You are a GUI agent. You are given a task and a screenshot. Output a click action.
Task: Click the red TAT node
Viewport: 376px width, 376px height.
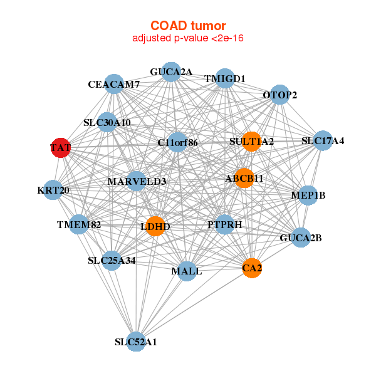[60, 148]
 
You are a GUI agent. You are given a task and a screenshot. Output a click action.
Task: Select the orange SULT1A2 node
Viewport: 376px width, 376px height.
[252, 142]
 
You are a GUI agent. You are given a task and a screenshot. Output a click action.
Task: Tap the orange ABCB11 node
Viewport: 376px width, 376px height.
[244, 178]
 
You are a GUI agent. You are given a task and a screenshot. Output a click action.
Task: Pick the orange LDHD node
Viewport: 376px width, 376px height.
[155, 226]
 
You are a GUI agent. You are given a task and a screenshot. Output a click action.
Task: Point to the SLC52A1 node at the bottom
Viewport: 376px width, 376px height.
[136, 342]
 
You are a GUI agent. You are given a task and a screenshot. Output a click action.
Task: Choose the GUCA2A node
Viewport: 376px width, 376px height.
[171, 72]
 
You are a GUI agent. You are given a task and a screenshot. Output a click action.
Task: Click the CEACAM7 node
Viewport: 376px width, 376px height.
[114, 84]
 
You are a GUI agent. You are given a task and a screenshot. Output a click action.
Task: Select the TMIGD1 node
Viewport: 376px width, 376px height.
[225, 78]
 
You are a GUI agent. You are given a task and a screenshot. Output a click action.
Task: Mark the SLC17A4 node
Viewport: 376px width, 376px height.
[323, 140]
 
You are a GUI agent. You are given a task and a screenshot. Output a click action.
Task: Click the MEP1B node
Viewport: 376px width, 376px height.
[308, 196]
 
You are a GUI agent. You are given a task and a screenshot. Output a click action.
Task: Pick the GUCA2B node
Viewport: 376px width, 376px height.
[301, 238]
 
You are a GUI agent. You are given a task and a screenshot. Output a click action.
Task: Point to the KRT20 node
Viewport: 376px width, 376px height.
[53, 190]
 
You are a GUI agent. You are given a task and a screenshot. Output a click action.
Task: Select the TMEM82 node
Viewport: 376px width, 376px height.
[79, 224]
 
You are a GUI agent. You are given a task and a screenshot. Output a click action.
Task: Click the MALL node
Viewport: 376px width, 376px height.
[187, 271]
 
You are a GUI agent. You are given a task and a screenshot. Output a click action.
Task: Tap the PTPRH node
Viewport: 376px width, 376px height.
[225, 224]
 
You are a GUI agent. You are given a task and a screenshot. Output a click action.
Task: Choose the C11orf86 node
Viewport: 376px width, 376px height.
[178, 143]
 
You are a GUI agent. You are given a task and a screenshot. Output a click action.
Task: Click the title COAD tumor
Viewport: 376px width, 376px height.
[188, 26]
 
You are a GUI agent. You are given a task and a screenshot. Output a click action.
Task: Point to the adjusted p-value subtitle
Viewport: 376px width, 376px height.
[188, 38]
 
